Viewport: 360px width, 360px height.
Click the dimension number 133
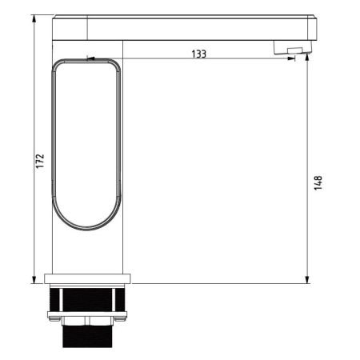pyautogui.click(x=198, y=54)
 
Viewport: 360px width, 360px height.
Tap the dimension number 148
pyautogui.click(x=318, y=183)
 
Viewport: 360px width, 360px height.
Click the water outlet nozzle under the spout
pyautogui.click(x=291, y=51)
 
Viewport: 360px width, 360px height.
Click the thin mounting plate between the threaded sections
pyautogui.click(x=88, y=315)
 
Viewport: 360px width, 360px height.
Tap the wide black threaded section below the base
pyautogui.click(x=88, y=300)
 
